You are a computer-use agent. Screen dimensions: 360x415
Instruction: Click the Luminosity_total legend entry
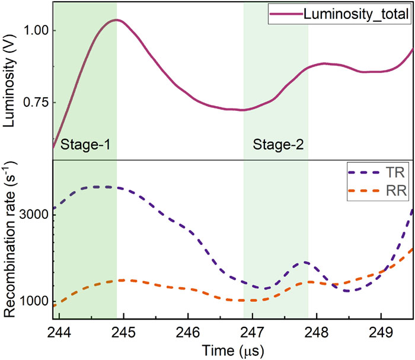[356, 14]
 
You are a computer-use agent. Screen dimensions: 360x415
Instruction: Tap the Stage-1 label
[85, 144]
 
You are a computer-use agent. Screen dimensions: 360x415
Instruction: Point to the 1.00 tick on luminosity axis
[37, 30]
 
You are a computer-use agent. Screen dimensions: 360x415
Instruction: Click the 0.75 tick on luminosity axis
[37, 102]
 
